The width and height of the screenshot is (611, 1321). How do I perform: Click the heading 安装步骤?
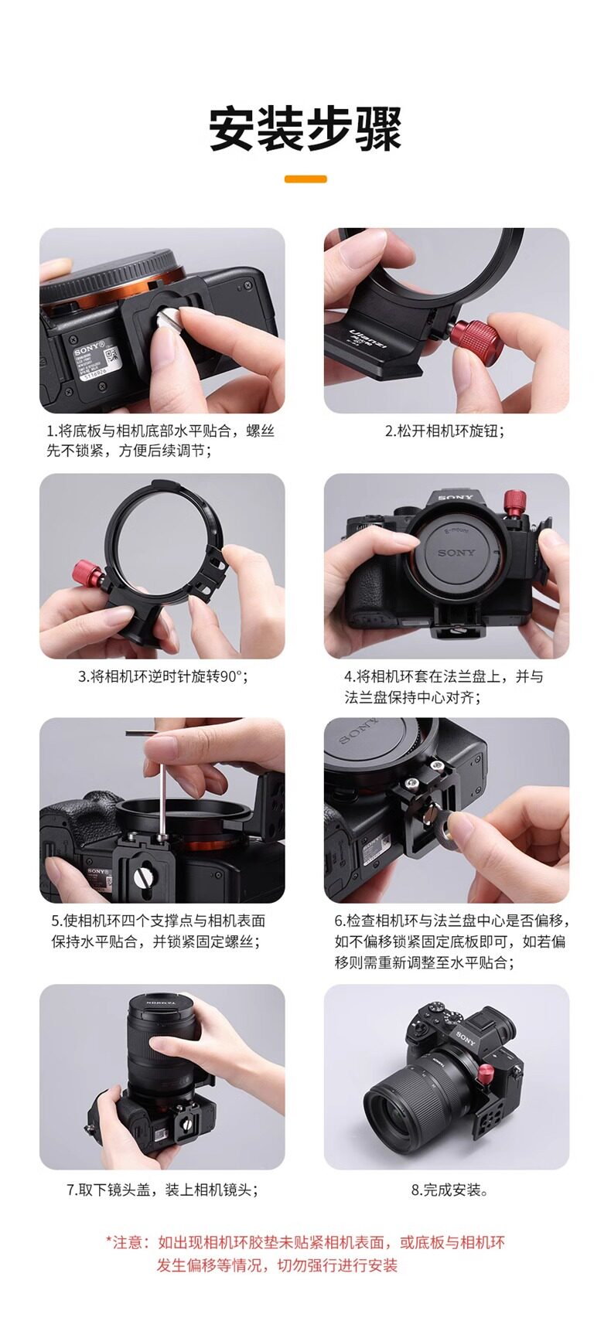point(305,128)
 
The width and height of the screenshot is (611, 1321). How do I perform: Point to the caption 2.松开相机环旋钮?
point(445,431)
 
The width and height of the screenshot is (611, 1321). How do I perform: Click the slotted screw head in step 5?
point(141,879)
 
